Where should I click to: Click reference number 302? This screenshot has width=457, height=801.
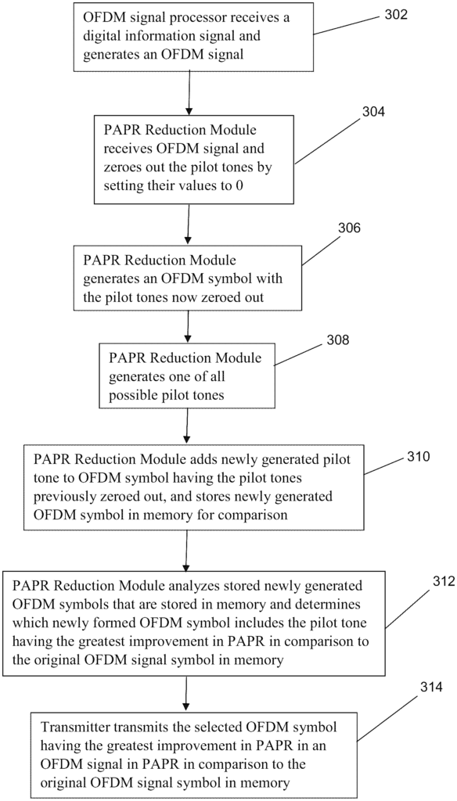tap(396, 14)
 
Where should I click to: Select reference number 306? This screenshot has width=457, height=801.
tap(349, 228)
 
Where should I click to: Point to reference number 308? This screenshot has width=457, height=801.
tap(338, 340)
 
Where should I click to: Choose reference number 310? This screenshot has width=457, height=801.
tap(419, 455)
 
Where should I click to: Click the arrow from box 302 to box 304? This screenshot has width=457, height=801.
tap(189, 92)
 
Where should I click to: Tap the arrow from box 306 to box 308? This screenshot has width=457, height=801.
tap(189, 325)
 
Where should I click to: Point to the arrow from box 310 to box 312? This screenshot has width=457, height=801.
tap(185, 550)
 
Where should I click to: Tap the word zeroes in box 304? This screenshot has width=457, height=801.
tap(121, 167)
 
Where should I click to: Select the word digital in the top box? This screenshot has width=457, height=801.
tap(100, 37)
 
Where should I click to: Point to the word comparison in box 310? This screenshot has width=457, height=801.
tap(253, 515)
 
